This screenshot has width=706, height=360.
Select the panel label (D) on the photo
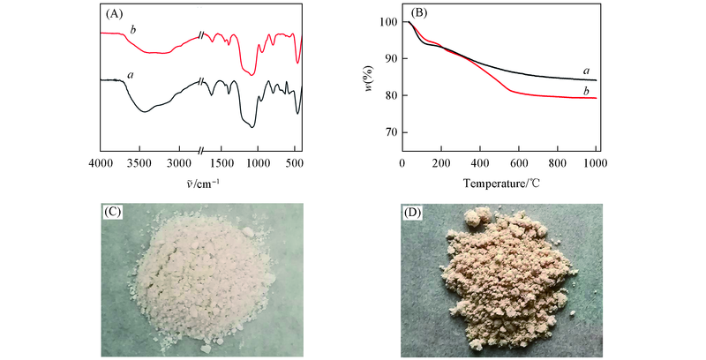point(414,212)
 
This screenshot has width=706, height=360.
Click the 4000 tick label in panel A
point(101,164)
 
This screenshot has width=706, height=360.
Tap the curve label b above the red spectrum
point(131,30)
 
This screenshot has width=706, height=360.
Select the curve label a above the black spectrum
point(130,75)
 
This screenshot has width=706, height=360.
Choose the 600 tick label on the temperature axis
point(519,164)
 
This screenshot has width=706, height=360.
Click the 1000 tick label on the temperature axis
point(596,164)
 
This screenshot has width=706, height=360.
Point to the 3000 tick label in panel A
point(179,164)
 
